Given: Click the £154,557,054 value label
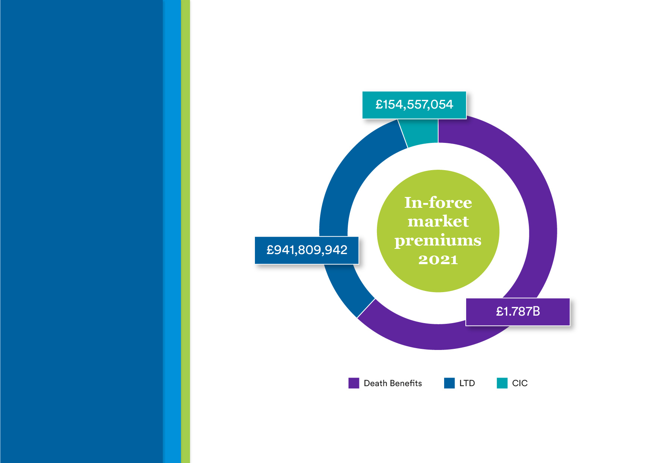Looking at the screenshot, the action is [414, 105].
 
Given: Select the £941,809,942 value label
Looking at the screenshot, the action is [307, 250].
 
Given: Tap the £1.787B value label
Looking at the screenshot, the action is [518, 312].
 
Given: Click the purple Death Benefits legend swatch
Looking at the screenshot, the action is [354, 383].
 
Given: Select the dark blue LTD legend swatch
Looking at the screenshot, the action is [449, 383].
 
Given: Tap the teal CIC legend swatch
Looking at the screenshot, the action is [502, 383].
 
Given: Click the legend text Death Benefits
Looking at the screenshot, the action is [393, 383].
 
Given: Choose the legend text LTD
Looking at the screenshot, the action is [467, 383].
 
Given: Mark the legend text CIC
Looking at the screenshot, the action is [520, 383].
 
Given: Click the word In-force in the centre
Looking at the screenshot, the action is [438, 203].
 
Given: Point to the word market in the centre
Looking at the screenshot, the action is [438, 221].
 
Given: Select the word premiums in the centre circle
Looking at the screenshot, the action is [438, 241].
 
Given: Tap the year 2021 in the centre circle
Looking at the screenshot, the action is [438, 260].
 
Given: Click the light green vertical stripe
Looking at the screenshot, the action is [185, 231].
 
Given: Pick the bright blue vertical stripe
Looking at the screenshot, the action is [172, 231].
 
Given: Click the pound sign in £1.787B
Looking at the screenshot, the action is [500, 312].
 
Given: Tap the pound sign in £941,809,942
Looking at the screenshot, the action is [270, 250].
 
